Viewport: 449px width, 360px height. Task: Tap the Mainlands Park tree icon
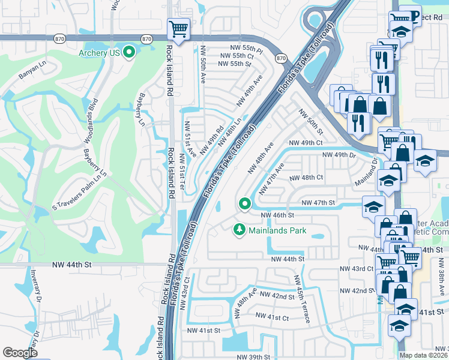click(x=239, y=230)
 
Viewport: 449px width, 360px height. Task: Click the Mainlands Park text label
click(x=279, y=230)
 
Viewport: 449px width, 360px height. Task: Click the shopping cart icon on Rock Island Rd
click(x=178, y=28)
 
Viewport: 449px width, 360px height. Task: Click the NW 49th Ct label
click(x=306, y=143)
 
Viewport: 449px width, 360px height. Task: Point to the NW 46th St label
click(x=277, y=215)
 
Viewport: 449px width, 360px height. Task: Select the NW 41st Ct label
click(x=272, y=316)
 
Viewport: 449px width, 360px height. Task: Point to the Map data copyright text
click(x=424, y=355)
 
